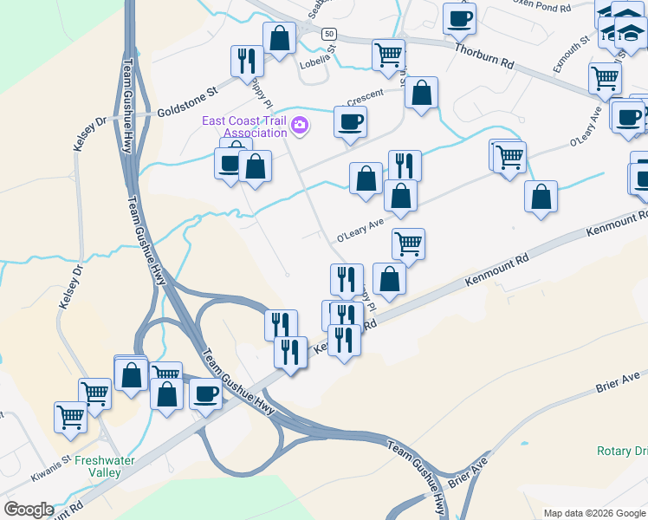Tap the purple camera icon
(x=300, y=127)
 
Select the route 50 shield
(x=328, y=34)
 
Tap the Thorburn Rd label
(x=483, y=55)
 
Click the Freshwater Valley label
(x=105, y=466)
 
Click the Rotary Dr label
(x=622, y=452)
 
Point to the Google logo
(x=28, y=510)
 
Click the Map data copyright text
(x=594, y=513)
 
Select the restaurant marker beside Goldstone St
(x=247, y=60)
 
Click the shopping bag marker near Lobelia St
(x=279, y=38)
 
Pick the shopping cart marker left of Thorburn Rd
(x=388, y=55)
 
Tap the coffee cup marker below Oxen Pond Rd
(x=459, y=18)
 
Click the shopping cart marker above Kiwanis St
(x=69, y=416)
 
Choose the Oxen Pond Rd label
(x=541, y=7)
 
